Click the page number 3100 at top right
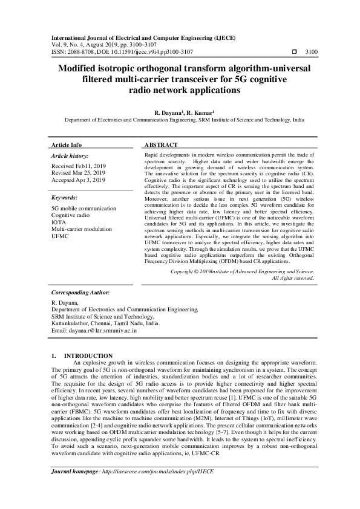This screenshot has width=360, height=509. [x=312, y=53]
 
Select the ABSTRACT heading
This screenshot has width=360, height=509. [x=161, y=145]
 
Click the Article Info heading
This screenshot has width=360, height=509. [x=67, y=145]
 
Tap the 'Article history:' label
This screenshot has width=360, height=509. [x=70, y=155]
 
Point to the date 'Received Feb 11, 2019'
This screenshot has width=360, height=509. [x=78, y=166]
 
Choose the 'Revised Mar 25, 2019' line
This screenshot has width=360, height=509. [x=78, y=172]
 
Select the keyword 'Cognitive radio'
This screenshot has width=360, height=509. [x=70, y=215]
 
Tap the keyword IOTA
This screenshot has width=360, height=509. [x=58, y=222]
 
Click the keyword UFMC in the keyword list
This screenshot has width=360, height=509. [x=59, y=236]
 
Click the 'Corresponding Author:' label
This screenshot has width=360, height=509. [x=80, y=292]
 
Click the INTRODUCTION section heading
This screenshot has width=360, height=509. [x=88, y=355]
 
